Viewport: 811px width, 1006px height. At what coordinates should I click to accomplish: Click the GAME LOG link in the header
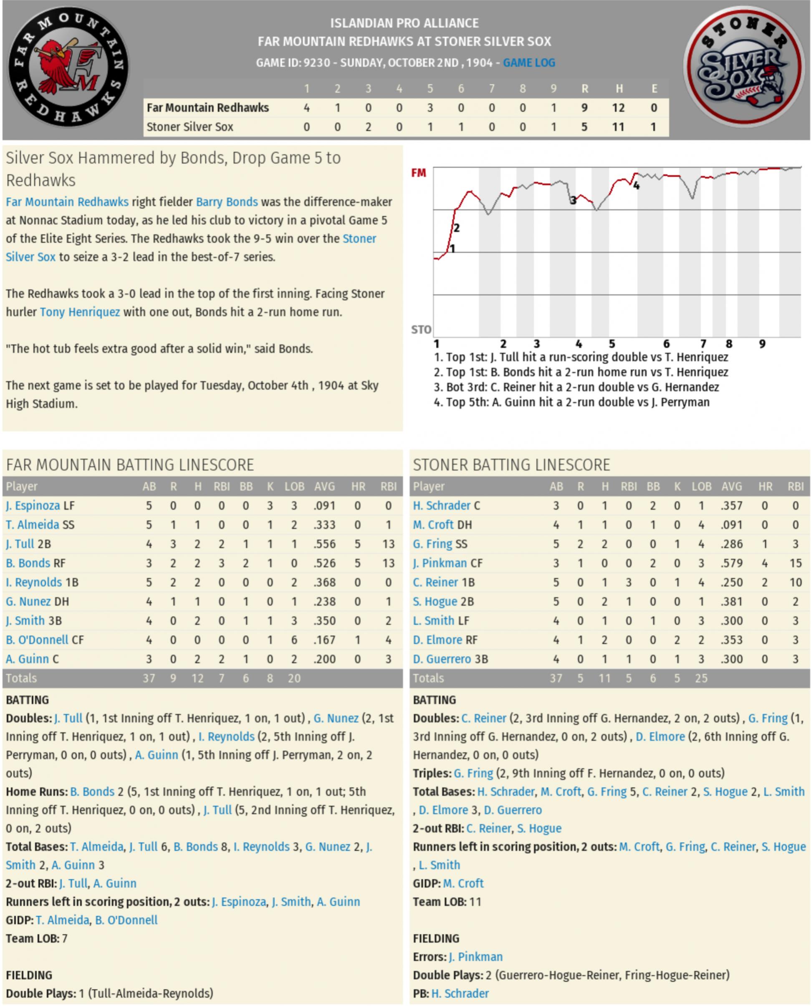tap(529, 63)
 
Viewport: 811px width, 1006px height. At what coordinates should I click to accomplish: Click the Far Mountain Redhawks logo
tap(69, 66)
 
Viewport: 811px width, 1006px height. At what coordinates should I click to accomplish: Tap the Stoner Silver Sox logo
tap(743, 66)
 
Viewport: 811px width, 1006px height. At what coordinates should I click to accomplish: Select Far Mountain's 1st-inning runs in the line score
tap(306, 108)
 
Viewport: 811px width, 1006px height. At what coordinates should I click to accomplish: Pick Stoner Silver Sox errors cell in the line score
tap(653, 127)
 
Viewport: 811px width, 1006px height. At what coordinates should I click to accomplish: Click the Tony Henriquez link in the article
tap(80, 312)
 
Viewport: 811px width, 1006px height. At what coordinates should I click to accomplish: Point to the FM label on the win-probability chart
tap(419, 173)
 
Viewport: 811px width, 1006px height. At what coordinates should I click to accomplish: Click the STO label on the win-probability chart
tap(420, 330)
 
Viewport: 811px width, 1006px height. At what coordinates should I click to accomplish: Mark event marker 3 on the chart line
tap(573, 201)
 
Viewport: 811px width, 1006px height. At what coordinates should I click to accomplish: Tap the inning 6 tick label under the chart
tap(666, 344)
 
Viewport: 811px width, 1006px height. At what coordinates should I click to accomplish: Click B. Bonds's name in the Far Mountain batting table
tap(28, 563)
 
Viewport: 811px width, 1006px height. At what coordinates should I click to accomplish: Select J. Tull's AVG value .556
tap(324, 544)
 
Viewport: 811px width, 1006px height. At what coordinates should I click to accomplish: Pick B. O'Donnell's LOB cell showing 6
tap(294, 640)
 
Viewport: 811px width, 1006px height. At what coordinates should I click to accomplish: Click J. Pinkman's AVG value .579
tap(731, 563)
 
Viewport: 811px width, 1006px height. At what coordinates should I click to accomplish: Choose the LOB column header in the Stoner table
tap(701, 487)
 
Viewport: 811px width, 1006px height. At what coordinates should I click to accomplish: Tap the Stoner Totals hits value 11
tap(604, 678)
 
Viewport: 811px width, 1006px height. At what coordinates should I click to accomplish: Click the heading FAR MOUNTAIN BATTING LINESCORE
tap(130, 465)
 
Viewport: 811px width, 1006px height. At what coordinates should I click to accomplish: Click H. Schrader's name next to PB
tap(460, 993)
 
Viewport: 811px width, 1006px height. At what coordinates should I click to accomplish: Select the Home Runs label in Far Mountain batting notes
tap(36, 792)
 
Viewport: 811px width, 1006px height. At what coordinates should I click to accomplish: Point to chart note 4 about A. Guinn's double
tap(571, 402)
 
